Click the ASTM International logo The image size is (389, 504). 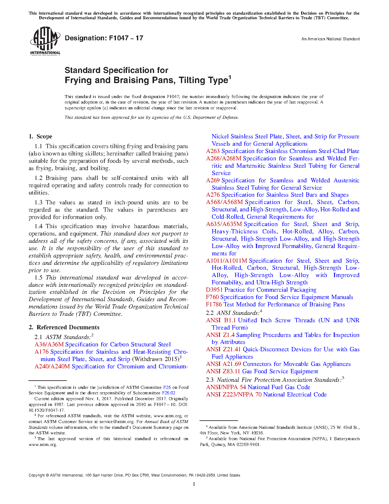[x=45, y=41]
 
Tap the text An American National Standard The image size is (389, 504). [x=330, y=39]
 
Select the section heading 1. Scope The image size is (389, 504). [x=41, y=137]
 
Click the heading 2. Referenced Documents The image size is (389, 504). [x=64, y=327]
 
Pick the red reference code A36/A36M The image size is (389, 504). [x=49, y=345]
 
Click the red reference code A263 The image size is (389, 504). [x=213, y=151]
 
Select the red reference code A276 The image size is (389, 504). [x=213, y=195]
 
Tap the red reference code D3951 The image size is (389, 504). [x=214, y=290]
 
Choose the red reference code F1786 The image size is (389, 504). [x=214, y=305]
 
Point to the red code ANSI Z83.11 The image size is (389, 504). [x=223, y=371]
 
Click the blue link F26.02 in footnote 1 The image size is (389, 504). [x=168, y=393]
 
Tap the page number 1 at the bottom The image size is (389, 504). [x=194, y=484]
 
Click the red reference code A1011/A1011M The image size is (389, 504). [x=226, y=261]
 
